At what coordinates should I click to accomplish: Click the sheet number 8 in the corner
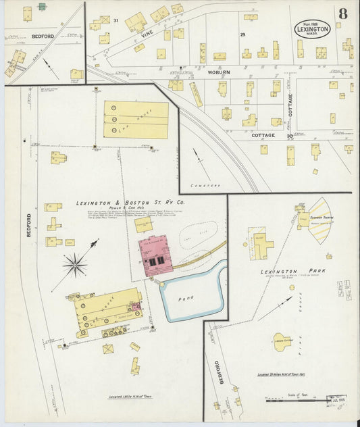(343, 13)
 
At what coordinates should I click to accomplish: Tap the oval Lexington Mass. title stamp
(312, 29)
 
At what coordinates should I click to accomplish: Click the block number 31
(115, 20)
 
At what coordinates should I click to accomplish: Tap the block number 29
(242, 34)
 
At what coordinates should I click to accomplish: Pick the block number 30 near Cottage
(289, 136)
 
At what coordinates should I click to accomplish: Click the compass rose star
(74, 265)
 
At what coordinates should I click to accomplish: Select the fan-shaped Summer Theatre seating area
(319, 220)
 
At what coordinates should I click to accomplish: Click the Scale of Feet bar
(297, 400)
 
